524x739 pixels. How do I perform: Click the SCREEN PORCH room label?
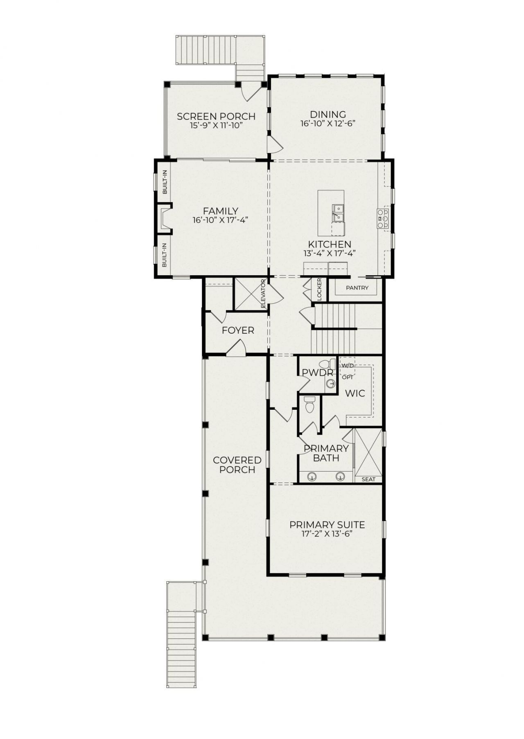point(216,117)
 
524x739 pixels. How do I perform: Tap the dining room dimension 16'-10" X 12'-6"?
point(327,124)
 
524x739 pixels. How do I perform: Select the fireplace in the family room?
point(165,219)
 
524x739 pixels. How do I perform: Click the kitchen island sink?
point(338,213)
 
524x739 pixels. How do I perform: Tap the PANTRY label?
point(357,288)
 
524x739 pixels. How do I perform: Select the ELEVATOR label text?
point(264,294)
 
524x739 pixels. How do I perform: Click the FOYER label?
point(238,330)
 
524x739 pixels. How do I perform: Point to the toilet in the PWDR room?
point(325,364)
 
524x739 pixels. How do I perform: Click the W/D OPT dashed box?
point(348,366)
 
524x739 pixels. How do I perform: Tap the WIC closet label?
point(355,394)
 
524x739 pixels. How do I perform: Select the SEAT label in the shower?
point(368,479)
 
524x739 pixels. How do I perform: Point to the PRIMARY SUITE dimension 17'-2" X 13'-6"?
point(327,534)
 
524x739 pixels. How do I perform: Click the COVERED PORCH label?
point(237,465)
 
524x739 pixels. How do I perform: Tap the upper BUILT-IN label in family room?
point(165,182)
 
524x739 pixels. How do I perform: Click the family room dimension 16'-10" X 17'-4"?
point(221,220)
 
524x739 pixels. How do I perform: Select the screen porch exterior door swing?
point(250,92)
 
